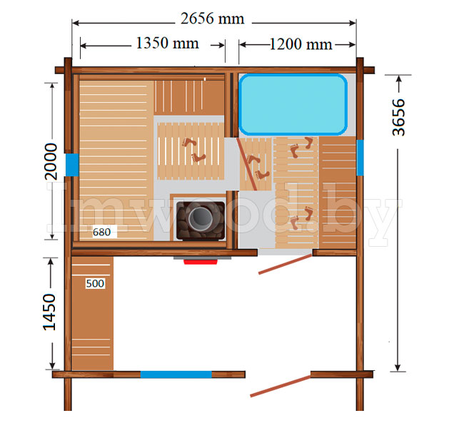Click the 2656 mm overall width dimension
(213, 19)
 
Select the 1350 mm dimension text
(167, 43)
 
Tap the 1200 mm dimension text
(301, 44)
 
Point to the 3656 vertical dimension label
(398, 117)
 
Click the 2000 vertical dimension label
(51, 161)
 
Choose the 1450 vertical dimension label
(49, 312)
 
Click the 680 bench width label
(101, 232)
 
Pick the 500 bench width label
(95, 283)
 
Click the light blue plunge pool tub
(293, 104)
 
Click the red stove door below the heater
(201, 262)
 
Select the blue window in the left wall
(72, 165)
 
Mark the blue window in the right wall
(360, 158)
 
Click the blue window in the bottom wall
(176, 374)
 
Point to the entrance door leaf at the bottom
(281, 386)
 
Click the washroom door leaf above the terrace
(286, 264)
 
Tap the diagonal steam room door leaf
(247, 164)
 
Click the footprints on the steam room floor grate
(194, 151)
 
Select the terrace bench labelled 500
(92, 313)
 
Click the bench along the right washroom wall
(338, 193)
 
